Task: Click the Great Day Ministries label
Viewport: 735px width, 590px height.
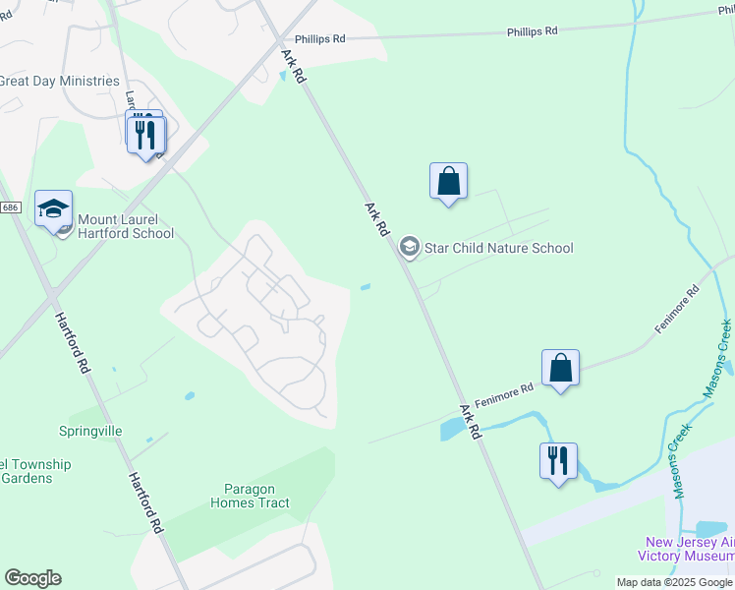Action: coord(59,82)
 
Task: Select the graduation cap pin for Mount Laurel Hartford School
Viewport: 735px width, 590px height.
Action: coord(54,209)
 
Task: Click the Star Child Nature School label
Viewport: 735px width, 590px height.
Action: coord(498,248)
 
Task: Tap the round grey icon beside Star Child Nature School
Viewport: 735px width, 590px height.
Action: coord(410,247)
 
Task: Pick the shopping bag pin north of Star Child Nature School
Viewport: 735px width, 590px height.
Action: coord(448,182)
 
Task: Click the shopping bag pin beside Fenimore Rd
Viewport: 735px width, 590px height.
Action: coord(560,369)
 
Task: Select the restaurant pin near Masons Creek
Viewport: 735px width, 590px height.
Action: coord(558,462)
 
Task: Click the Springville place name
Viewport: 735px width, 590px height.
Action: coord(90,431)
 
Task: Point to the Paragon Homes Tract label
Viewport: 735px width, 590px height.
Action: coord(250,496)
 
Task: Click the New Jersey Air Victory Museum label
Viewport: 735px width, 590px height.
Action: coord(688,549)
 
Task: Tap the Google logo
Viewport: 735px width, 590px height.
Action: coord(32,578)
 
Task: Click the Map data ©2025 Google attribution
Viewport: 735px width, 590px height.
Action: coord(674,582)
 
